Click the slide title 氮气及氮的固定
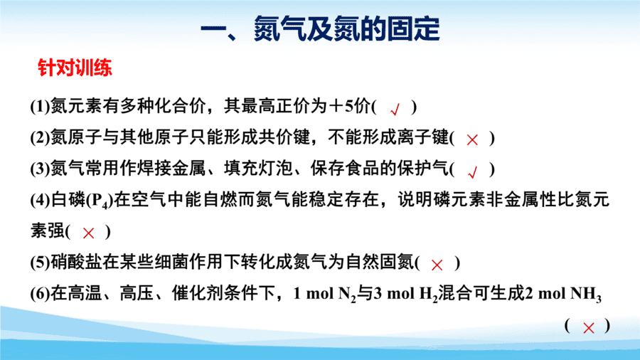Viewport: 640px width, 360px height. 346,29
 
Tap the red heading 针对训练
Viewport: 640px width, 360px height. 75,68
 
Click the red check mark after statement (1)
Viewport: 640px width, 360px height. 395,110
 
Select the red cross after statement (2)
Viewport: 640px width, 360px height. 472,140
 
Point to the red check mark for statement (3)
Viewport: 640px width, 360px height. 473,173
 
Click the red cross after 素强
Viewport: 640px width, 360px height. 89,233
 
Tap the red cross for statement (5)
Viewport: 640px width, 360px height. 437,265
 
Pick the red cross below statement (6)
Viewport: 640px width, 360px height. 589,328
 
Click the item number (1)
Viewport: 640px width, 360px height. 40,107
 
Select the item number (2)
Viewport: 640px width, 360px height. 40,138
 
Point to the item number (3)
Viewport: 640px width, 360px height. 40,169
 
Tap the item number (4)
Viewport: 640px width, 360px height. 40,201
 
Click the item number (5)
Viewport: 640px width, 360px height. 40,263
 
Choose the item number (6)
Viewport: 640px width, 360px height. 40,294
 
